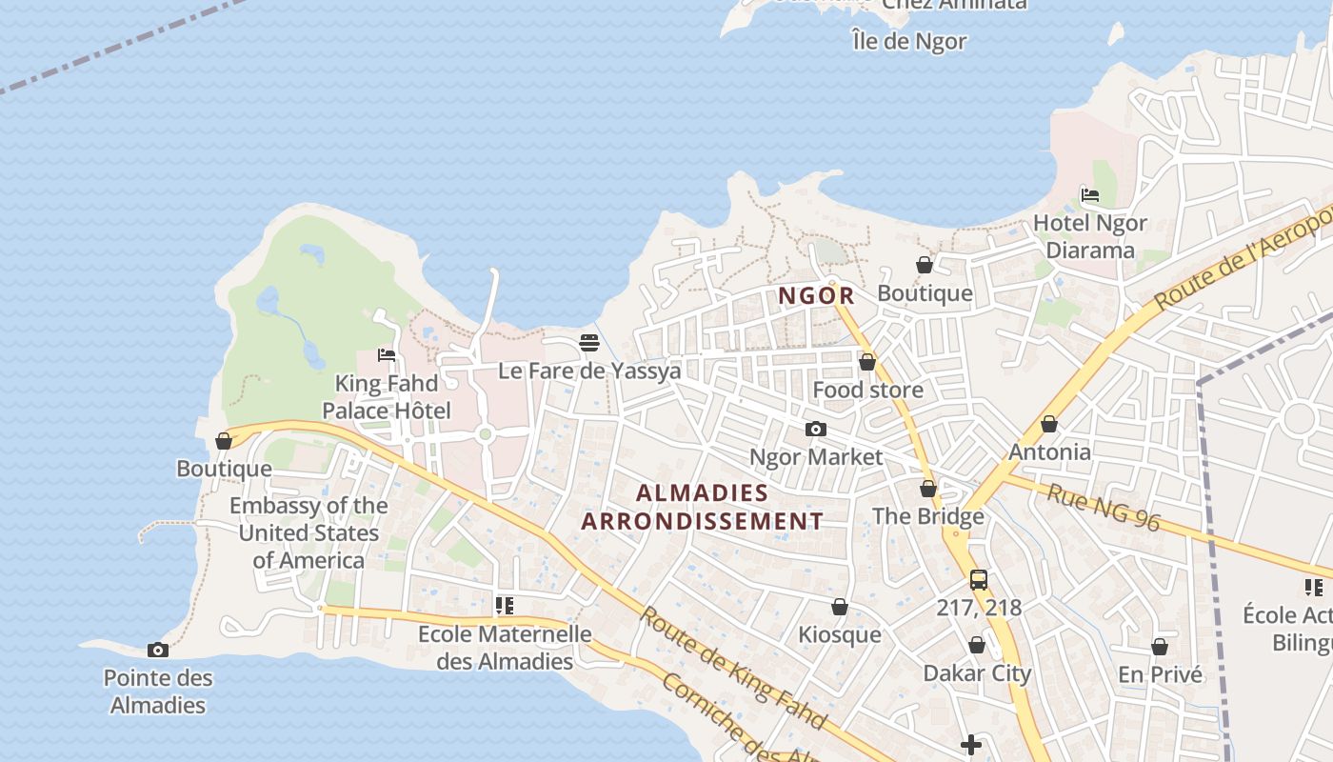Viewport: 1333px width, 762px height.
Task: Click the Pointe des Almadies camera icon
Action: tap(158, 651)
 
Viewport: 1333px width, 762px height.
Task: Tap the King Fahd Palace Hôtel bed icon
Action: tap(387, 355)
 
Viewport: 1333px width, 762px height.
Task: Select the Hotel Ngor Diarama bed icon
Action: tap(1090, 195)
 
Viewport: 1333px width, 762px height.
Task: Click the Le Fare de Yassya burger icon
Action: tap(589, 343)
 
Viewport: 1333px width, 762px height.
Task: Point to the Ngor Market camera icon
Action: tap(816, 430)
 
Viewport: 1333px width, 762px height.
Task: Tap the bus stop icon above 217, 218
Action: tap(978, 579)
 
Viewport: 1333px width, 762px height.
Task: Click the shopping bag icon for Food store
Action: tap(867, 362)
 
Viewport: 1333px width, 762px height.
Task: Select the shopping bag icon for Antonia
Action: tap(1049, 424)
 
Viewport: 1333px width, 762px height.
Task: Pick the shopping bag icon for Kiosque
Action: tap(840, 607)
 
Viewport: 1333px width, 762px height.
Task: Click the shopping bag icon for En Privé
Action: tap(1160, 647)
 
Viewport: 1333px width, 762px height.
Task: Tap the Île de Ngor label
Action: tap(909, 42)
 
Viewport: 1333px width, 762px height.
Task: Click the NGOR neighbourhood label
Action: tap(817, 296)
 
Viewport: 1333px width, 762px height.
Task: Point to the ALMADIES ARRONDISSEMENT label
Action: tap(703, 507)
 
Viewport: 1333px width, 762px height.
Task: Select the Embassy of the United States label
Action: tap(308, 532)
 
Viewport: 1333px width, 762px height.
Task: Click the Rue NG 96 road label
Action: tap(1104, 507)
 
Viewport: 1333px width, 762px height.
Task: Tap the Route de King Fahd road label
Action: tap(730, 668)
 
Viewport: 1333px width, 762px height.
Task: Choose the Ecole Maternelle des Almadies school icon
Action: tap(505, 606)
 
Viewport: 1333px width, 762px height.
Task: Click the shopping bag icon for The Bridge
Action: tap(928, 490)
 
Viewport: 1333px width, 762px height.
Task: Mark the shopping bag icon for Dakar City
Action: tap(977, 646)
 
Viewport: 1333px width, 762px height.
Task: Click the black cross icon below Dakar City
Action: tap(971, 745)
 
